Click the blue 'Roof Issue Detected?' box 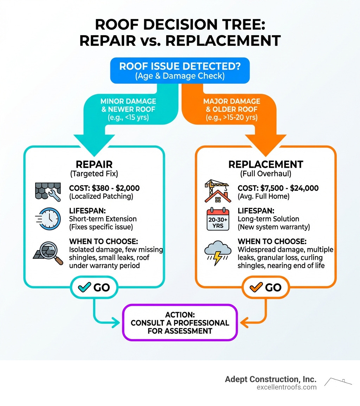180,70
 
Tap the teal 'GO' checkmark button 95,287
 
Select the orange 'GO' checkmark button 265,287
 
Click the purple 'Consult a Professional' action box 180,323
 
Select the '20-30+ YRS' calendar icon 218,220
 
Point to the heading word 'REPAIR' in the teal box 94,165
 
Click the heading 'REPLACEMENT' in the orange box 265,165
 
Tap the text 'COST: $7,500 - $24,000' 278,188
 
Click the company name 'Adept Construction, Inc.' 271,379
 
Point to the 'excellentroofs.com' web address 287,387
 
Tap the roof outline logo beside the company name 337,382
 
